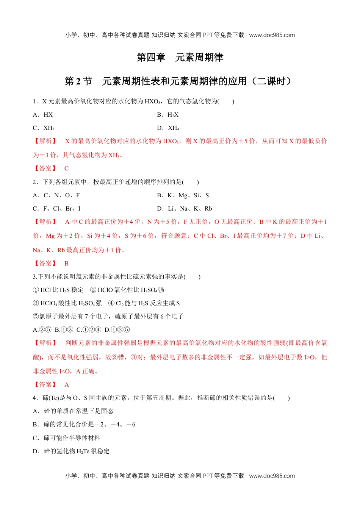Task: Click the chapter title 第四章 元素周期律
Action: [x=180, y=57]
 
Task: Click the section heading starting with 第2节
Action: [x=178, y=81]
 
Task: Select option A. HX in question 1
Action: [x=43, y=115]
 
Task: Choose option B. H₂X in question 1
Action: [x=168, y=115]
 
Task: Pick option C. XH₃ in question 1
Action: [x=44, y=128]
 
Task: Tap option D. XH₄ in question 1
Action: [x=168, y=128]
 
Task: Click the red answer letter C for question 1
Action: [x=66, y=169]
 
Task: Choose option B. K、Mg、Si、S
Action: [x=183, y=195]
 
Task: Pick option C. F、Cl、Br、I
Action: [x=56, y=209]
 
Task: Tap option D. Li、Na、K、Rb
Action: [x=185, y=209]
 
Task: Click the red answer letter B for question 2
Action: [x=66, y=263]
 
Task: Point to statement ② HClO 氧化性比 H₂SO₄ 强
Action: [x=127, y=290]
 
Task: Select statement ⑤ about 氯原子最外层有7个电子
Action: [x=108, y=316]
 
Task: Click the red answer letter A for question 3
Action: [x=66, y=384]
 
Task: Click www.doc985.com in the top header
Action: [x=272, y=35]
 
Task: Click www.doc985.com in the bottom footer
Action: [x=272, y=476]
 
